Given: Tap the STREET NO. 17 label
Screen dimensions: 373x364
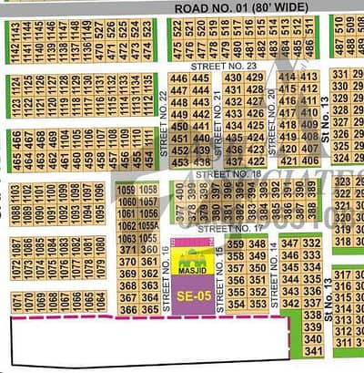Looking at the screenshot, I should tap(223, 227).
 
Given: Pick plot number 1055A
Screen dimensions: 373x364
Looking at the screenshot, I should tap(127, 226).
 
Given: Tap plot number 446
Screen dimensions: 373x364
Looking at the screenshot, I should tap(177, 79).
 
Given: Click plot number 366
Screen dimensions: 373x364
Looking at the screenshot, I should tap(126, 310).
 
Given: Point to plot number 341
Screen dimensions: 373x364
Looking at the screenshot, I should tap(313, 350).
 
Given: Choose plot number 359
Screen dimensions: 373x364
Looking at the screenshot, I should tap(236, 243).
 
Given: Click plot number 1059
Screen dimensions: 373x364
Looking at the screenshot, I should tap(126, 190).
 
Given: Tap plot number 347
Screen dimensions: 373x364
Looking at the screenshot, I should tap(290, 243).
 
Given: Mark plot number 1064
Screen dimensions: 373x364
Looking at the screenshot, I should tap(100, 300).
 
